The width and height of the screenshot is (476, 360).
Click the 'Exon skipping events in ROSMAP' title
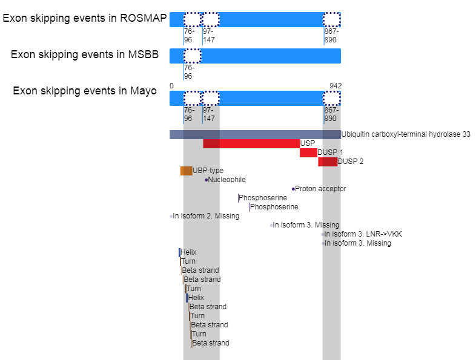pyautogui.click(x=85, y=18)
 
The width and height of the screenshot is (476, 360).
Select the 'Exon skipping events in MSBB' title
pyautogui.click(x=85, y=54)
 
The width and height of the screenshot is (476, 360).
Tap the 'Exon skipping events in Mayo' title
pyautogui.click(x=85, y=91)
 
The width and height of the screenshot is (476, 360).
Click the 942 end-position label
pyautogui.click(x=336, y=86)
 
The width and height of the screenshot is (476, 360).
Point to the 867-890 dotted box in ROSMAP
pyautogui.click(x=331, y=19)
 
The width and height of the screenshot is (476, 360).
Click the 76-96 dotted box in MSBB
pyautogui.click(x=192, y=56)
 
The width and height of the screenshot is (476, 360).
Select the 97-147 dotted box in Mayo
pyautogui.click(x=210, y=99)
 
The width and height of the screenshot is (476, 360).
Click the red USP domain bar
pyautogui.click(x=251, y=143)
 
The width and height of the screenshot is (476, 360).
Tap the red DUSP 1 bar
pyautogui.click(x=308, y=152)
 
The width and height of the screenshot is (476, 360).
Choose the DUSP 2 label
pyautogui.click(x=348, y=162)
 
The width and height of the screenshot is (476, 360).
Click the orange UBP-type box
pyautogui.click(x=186, y=171)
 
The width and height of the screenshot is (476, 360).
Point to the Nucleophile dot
pyautogui.click(x=206, y=180)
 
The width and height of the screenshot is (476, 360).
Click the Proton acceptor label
pyautogui.click(x=320, y=189)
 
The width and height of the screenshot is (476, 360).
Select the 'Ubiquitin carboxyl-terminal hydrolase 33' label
pyautogui.click(x=406, y=134)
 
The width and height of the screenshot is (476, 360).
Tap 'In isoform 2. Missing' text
pyautogui.click(x=206, y=216)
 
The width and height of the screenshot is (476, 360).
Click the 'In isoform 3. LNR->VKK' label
pyautogui.click(x=363, y=234)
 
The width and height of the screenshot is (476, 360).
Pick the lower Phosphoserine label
pyautogui.click(x=274, y=207)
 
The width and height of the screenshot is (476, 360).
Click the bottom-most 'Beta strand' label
pyautogui.click(x=211, y=343)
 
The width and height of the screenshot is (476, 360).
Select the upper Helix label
pyautogui.click(x=189, y=252)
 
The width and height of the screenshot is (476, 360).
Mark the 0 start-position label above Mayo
pyautogui.click(x=171, y=86)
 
